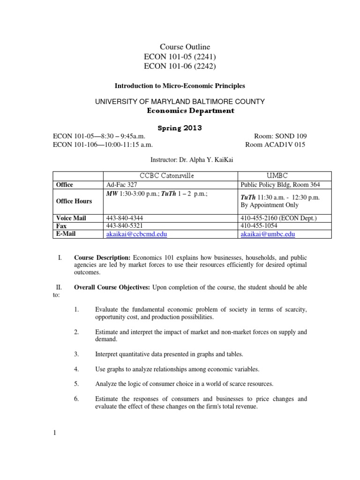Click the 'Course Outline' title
185,47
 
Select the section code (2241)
205,57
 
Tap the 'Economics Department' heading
191,111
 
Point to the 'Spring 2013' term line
180,128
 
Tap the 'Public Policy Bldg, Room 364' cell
280,185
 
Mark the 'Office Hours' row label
74,201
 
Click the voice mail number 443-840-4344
125,218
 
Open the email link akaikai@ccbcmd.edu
136,233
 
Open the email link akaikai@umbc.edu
267,233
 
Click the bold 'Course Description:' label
102,258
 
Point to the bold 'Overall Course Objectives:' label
112,287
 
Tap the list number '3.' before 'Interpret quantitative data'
77,354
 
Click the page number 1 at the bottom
54,433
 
